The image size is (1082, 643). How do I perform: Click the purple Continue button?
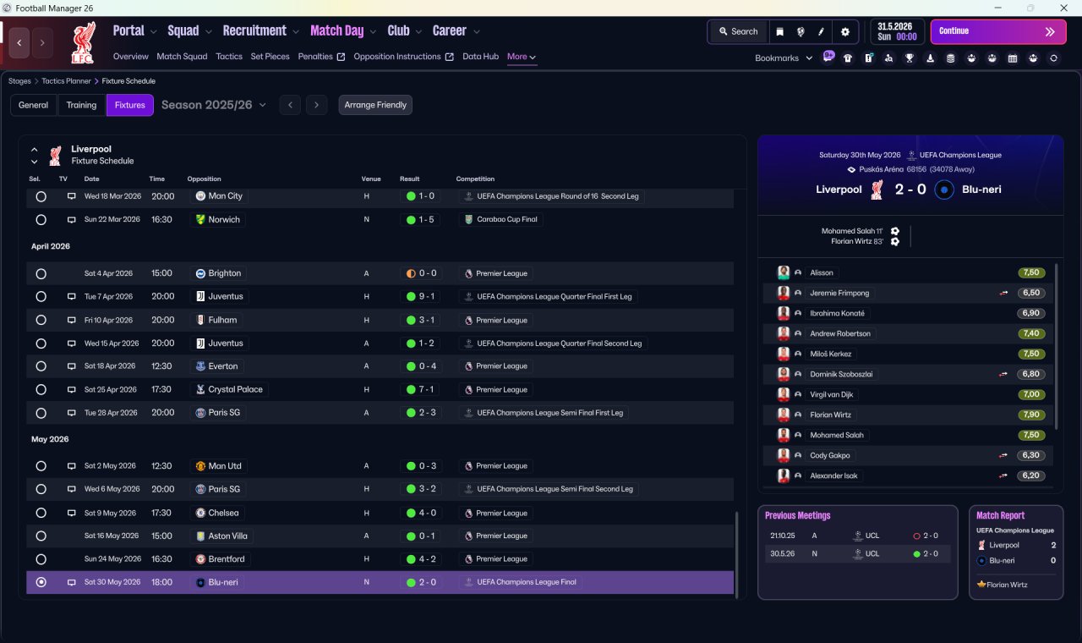pos(998,31)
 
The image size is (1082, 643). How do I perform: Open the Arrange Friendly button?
pos(375,105)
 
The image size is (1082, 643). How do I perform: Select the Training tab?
pos(81,105)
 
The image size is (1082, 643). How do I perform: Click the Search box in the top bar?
pos(738,31)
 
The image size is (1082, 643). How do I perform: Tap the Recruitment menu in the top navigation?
pos(254,31)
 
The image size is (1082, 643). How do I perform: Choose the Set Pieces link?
pos(270,57)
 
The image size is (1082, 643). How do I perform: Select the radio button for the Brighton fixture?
pos(41,273)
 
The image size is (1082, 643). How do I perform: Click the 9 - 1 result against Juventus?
pos(421,296)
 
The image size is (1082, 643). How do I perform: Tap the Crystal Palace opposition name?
pos(235,389)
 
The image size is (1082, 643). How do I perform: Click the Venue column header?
pos(371,179)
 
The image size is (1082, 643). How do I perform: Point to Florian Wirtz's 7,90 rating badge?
pos(1030,415)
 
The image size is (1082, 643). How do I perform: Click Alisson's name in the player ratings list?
pos(821,272)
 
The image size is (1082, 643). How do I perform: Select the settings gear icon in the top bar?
pos(844,32)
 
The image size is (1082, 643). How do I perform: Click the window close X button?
pos(1063,8)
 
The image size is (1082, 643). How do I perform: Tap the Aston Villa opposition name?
pos(227,536)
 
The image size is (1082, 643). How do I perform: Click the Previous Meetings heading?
pos(797,515)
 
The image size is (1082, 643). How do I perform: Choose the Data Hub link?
pos(480,57)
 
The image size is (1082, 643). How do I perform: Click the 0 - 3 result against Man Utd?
pos(421,466)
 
